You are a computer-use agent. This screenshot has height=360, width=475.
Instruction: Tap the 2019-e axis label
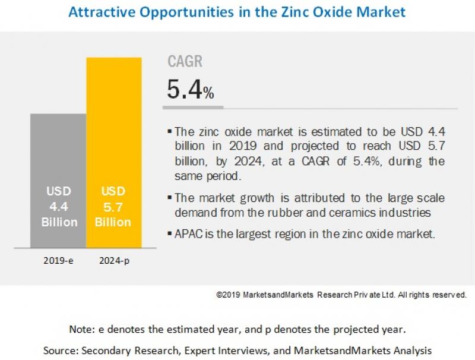tap(58, 261)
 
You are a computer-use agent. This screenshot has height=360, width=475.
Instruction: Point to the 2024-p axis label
tap(114, 261)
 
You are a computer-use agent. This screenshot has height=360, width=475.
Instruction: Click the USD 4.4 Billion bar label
tap(59, 207)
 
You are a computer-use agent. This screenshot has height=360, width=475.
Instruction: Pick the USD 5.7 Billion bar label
tap(113, 207)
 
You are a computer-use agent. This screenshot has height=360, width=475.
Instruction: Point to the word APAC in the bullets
tap(188, 234)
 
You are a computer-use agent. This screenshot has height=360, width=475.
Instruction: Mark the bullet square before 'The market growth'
tap(170, 198)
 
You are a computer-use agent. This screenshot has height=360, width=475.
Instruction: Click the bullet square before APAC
tap(170, 234)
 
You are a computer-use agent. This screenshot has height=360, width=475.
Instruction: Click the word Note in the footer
tap(79, 329)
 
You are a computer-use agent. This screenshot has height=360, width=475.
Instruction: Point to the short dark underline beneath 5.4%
tap(193, 108)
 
